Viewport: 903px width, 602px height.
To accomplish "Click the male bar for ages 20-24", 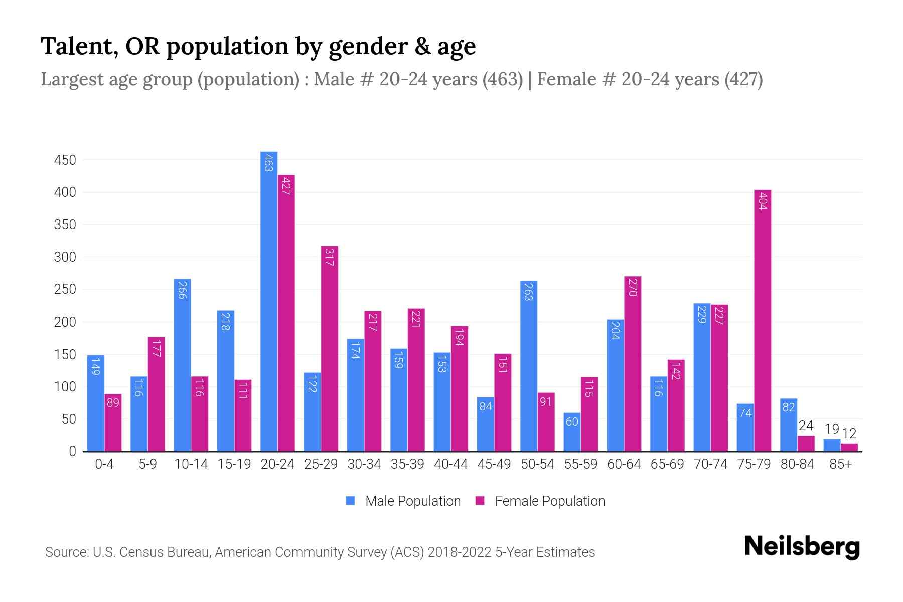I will (269, 301).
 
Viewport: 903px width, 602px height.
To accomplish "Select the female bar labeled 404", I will (763, 321).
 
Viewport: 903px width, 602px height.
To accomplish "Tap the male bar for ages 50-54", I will (529, 366).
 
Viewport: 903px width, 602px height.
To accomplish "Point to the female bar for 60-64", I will (633, 364).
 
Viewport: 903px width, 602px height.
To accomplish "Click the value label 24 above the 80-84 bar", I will (806, 426).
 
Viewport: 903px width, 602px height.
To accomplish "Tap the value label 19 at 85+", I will (832, 429).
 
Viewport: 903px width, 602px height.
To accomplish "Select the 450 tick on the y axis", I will (65, 160).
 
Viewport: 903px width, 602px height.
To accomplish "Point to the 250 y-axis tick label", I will (65, 289).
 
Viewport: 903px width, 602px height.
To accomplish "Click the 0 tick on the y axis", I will (72, 452).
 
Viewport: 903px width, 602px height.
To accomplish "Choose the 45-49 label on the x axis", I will (494, 464).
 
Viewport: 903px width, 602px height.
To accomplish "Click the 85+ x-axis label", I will (840, 464).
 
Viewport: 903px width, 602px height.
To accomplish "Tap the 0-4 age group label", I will (104, 464).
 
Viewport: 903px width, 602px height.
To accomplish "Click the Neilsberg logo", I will (802, 547).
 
